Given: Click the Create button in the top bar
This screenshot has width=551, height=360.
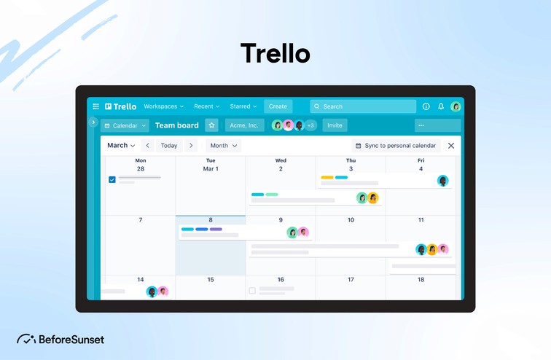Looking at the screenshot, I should [278, 106].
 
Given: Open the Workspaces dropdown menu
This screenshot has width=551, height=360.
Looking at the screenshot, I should [163, 106].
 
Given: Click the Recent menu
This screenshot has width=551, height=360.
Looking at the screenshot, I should [207, 106].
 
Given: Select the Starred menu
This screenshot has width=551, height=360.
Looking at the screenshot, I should [243, 106].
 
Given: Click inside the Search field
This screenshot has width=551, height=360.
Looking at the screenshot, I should [363, 106].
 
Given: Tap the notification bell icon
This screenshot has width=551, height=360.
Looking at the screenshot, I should [441, 106].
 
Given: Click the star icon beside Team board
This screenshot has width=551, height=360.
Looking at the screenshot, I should [211, 125].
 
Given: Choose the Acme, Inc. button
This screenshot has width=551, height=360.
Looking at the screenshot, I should [244, 125].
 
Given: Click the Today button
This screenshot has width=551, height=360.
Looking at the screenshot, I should [169, 146].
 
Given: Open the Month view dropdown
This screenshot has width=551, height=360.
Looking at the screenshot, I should [222, 146].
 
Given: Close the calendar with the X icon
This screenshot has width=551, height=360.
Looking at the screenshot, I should [451, 146].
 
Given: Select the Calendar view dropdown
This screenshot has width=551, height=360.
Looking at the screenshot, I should [125, 125].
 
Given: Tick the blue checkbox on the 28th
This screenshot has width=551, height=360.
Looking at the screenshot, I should [112, 179].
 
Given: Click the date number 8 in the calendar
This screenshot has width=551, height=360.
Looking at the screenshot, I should [211, 220].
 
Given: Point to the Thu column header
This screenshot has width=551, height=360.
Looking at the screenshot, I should [351, 160].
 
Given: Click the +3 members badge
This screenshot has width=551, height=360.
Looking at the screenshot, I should [310, 125].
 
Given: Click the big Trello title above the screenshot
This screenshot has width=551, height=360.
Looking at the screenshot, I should [275, 53].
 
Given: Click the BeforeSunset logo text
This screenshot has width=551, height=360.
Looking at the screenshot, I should [71, 340].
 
